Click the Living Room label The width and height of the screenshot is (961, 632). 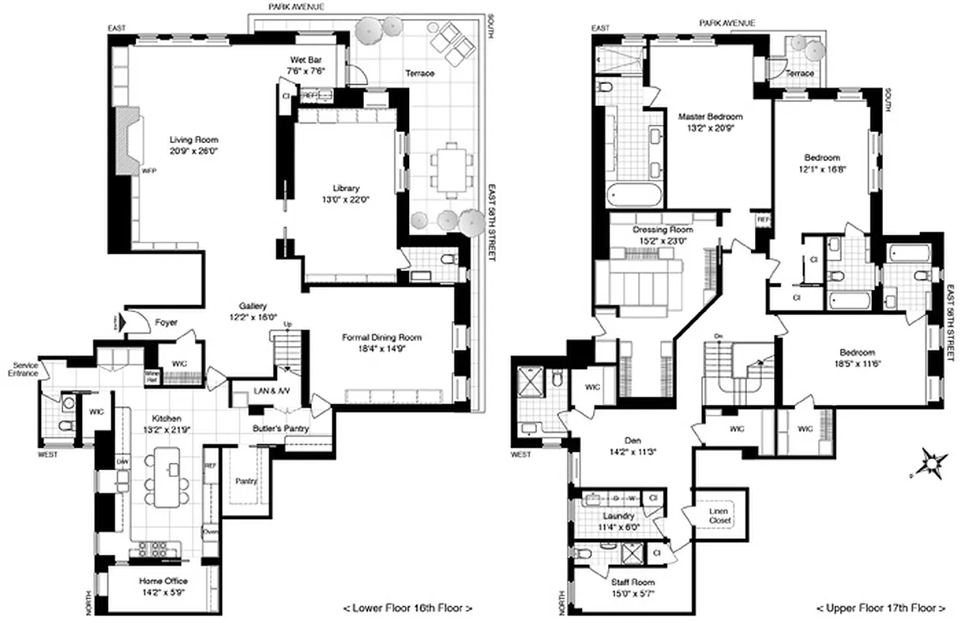click(193, 140)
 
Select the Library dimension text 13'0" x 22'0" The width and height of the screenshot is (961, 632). click(346, 200)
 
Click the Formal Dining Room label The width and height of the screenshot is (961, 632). click(381, 337)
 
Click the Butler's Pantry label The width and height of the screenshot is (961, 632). click(280, 429)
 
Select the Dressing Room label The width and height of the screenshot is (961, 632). click(663, 230)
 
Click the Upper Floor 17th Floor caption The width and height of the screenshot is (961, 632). click(880, 608)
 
